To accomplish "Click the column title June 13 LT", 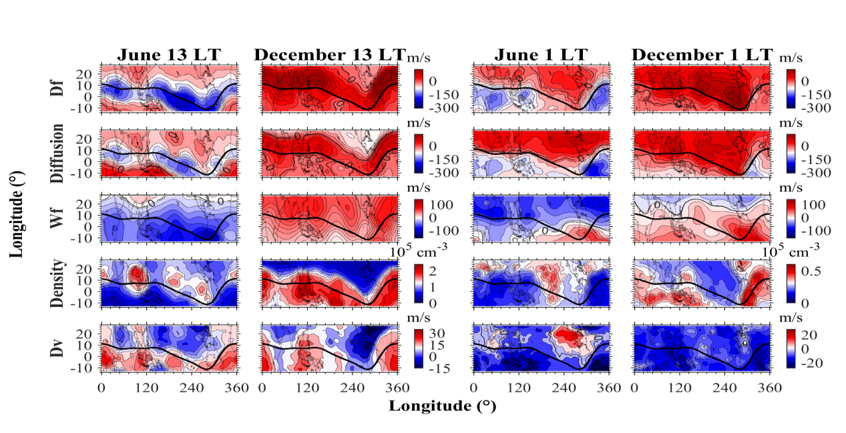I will tap(168, 55).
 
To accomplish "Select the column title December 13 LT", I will tap(330, 55).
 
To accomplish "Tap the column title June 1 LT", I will tap(540, 55).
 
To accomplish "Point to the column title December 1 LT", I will tap(702, 55).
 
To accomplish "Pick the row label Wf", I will tap(58, 217).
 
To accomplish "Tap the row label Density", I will tap(58, 282).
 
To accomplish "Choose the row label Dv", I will tap(58, 347).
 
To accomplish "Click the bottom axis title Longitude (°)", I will tap(443, 406).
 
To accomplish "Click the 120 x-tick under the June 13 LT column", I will tap(146, 388).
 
